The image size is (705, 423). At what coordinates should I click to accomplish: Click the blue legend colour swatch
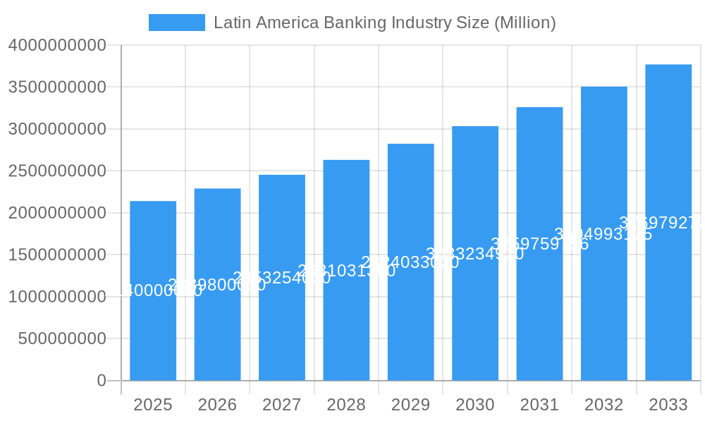point(177,23)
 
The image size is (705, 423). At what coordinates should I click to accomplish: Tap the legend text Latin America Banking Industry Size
point(384,23)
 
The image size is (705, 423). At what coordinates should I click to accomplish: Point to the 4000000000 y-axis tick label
point(57,45)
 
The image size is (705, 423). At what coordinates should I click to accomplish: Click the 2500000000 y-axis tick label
point(57,171)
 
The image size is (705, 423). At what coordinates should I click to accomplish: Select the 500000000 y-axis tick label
point(62,338)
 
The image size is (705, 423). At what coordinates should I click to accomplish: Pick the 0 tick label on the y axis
point(102,381)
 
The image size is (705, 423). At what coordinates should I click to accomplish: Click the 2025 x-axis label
point(153,405)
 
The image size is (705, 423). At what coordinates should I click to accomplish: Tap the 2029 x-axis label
point(411,405)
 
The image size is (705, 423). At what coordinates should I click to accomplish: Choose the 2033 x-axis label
point(668,405)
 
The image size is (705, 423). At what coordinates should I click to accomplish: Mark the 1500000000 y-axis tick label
point(57,255)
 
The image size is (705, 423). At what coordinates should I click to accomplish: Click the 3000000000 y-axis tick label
point(57,129)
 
